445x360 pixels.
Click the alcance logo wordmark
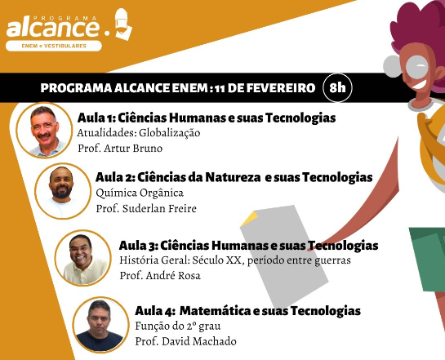click(x=54, y=29)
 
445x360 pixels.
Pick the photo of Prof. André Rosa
click(x=82, y=258)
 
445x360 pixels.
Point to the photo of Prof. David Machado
click(x=99, y=324)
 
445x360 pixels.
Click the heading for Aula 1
click(x=206, y=118)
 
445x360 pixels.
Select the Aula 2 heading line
click(x=234, y=177)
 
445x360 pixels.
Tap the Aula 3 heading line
click(x=248, y=245)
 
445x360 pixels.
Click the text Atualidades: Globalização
click(x=138, y=133)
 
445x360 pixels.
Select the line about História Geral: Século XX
click(x=234, y=260)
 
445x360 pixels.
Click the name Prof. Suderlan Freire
click(x=145, y=208)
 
